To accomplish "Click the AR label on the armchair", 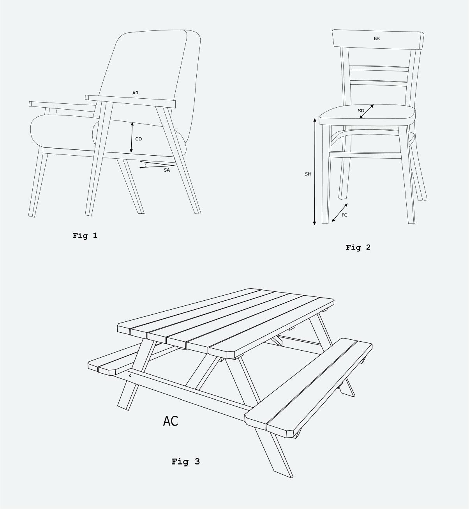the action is pos(135,93).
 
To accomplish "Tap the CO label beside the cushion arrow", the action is pos(139,139).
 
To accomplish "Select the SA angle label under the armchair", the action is pos(167,170).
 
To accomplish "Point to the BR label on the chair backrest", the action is pos(377,39).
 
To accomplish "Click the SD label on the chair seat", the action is pos(361,111).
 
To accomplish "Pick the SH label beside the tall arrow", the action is pos(308,174).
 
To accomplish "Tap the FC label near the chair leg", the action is pos(344,215).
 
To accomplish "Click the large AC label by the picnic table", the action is pos(171,421).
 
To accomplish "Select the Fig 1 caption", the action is pos(85,236).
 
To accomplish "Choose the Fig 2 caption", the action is pos(358,247).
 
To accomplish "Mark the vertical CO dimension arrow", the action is pos(132,137).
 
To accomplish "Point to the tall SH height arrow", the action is pos(315,172).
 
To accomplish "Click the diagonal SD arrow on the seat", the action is pos(366,112).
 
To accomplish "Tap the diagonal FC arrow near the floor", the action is pos(340,213).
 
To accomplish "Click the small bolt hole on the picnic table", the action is pos(130,376).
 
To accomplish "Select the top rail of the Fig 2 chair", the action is pos(378,39).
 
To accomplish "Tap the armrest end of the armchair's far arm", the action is pos(30,104).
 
